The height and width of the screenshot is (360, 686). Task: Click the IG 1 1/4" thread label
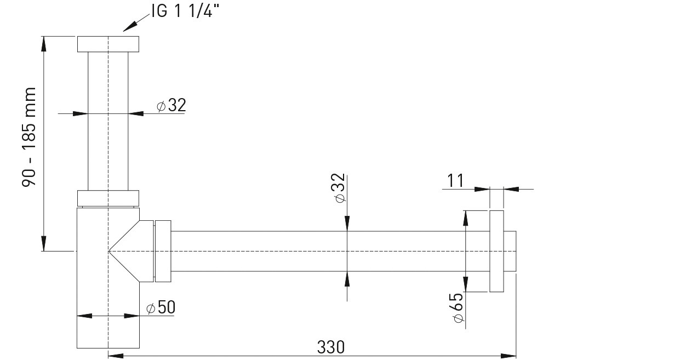(x=185, y=12)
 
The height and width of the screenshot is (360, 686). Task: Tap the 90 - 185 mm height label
(x=29, y=137)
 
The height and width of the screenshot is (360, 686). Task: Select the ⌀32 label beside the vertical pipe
(x=171, y=105)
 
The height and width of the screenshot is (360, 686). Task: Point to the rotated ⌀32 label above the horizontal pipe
(x=340, y=188)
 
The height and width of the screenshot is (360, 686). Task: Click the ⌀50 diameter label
(x=161, y=307)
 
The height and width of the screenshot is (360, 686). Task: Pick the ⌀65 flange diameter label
(x=458, y=307)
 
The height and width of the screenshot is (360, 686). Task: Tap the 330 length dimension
(x=331, y=347)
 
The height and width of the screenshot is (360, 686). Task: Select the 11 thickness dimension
(x=455, y=180)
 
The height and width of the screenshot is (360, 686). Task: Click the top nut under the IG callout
(x=108, y=44)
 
